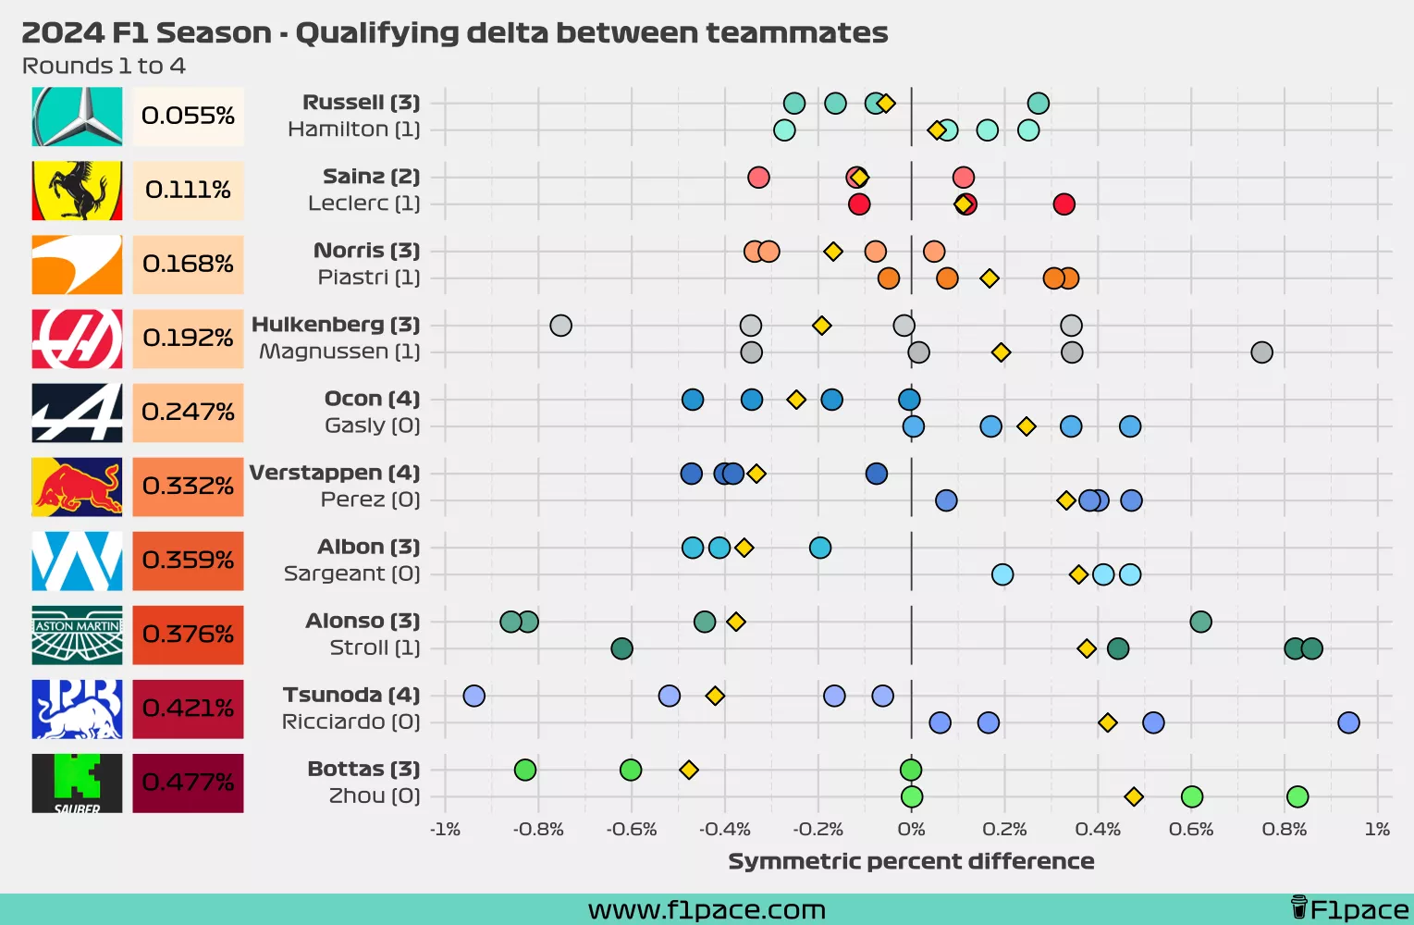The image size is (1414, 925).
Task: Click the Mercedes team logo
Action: click(x=77, y=117)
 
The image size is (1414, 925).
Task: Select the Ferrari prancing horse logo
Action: click(x=77, y=191)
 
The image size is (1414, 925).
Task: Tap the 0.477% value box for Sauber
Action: click(x=188, y=783)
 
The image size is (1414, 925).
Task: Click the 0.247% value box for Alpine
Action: click(x=188, y=413)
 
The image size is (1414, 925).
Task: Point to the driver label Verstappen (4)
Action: click(x=335, y=473)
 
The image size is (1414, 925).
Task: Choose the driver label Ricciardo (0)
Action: click(x=350, y=721)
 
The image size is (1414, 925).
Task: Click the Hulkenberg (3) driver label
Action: click(x=336, y=325)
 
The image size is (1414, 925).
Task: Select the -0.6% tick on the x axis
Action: click(x=631, y=830)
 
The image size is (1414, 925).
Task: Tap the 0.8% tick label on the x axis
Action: click(x=1284, y=830)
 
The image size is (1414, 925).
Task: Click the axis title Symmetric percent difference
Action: click(x=911, y=861)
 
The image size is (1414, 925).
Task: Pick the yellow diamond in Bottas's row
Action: click(x=689, y=770)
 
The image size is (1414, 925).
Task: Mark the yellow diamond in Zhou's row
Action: click(x=1134, y=796)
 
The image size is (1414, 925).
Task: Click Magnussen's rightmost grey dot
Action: click(x=1261, y=352)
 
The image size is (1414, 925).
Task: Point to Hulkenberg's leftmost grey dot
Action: click(x=560, y=326)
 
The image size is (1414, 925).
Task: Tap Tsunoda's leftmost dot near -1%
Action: click(x=473, y=696)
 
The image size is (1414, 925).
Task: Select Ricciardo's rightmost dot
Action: click(x=1348, y=722)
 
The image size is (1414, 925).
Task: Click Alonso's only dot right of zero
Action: click(x=1200, y=622)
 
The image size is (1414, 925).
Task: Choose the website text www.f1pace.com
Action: click(x=707, y=910)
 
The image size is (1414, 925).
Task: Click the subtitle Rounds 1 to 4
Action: click(x=104, y=67)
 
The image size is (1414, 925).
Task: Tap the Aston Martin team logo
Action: click(x=77, y=635)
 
